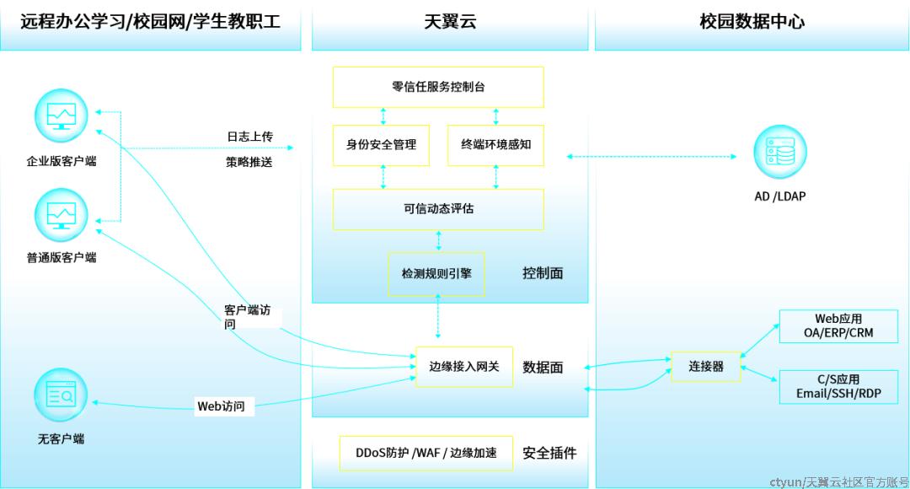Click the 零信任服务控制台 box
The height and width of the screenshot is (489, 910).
tap(438, 87)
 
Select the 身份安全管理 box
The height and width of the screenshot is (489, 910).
tap(382, 145)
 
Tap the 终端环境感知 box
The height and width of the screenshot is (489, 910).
tap(495, 145)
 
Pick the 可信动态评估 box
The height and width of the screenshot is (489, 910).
tap(438, 209)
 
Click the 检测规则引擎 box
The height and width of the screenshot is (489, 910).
tap(436, 273)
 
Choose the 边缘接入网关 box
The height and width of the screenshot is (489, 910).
tap(464, 367)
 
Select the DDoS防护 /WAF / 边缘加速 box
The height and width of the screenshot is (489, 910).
tap(426, 453)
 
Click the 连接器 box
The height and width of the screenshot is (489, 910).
tap(706, 367)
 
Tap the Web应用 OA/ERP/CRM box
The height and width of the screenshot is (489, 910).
tap(838, 325)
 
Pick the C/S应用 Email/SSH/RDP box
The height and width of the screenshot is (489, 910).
tap(838, 387)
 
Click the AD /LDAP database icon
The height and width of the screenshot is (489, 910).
tap(780, 152)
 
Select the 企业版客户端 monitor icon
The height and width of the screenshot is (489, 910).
tap(61, 116)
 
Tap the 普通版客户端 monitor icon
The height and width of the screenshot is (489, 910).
tap(61, 215)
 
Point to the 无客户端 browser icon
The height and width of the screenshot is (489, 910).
tap(61, 395)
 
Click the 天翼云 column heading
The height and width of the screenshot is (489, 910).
tap(450, 22)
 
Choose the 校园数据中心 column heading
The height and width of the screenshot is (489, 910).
tap(752, 22)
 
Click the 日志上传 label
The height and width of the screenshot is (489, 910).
tap(249, 137)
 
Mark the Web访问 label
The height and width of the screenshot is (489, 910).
tap(221, 406)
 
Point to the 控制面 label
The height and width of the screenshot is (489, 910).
tap(543, 273)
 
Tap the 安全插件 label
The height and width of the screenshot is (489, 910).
tap(549, 453)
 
